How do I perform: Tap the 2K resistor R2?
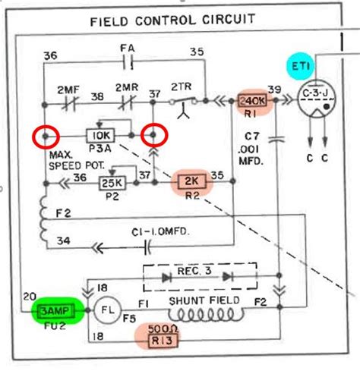(x=191, y=182)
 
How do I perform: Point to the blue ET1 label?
(x=302, y=65)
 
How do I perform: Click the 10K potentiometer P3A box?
(x=100, y=136)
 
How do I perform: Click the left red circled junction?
(x=45, y=137)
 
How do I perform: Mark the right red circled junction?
(x=156, y=137)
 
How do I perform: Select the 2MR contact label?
(x=126, y=88)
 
